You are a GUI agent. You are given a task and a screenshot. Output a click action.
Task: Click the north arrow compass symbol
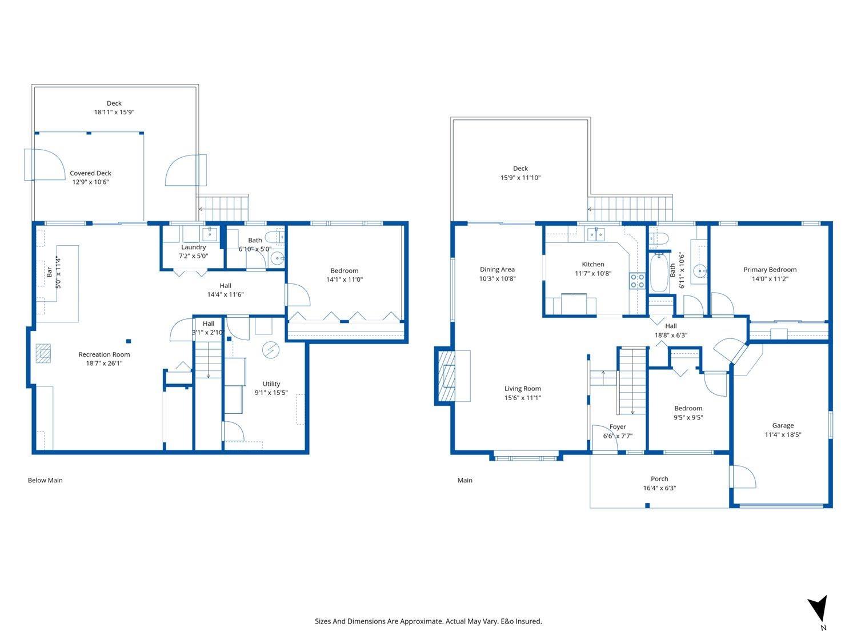818,609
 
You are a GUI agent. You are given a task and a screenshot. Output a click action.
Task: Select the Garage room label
783,425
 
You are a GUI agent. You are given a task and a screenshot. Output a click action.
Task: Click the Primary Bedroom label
770,270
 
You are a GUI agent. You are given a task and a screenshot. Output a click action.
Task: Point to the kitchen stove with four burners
637,281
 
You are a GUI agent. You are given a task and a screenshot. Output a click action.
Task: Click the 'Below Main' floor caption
45,480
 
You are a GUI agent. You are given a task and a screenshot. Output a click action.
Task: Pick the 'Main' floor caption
465,480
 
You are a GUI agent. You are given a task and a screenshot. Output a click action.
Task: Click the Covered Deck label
90,173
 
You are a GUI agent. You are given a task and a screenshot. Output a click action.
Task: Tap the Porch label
659,479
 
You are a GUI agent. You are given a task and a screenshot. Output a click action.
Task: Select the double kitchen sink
596,234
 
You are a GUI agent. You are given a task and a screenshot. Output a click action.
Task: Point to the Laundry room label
193,247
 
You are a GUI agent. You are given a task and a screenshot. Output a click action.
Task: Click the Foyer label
618,427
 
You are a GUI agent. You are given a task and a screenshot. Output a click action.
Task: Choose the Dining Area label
497,270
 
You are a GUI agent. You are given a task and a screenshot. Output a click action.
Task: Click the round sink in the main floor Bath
699,270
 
